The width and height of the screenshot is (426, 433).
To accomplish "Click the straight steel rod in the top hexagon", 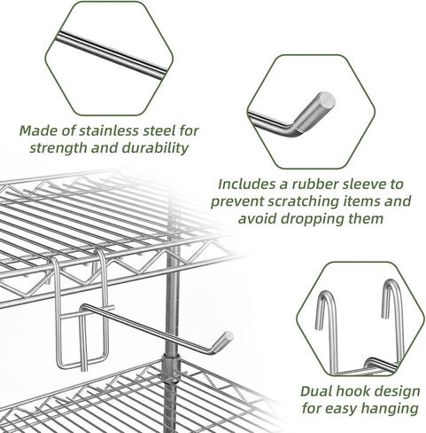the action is (x=112, y=55).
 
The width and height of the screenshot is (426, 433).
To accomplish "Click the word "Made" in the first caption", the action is (x=38, y=130).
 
